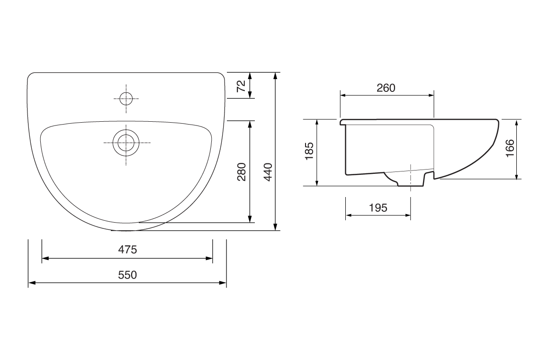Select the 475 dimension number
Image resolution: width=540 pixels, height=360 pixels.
tap(127, 250)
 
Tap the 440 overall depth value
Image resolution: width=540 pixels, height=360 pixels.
tap(268, 172)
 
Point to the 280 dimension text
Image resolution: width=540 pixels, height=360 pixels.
tap(242, 172)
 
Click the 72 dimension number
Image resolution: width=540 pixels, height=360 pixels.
tap(241, 86)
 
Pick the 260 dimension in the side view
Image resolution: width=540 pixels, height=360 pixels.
tap(386, 88)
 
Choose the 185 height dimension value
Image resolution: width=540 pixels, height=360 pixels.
tap(309, 152)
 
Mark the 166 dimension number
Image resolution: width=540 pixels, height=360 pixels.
tap(510, 149)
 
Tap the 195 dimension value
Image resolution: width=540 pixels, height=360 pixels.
tap(378, 207)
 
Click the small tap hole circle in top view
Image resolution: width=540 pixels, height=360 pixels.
tap(126, 99)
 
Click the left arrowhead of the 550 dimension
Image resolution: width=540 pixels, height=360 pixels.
tap(31, 283)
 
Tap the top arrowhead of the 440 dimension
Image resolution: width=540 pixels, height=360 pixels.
tap(275, 75)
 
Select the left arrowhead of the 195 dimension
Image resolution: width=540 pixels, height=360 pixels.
tap(348, 215)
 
